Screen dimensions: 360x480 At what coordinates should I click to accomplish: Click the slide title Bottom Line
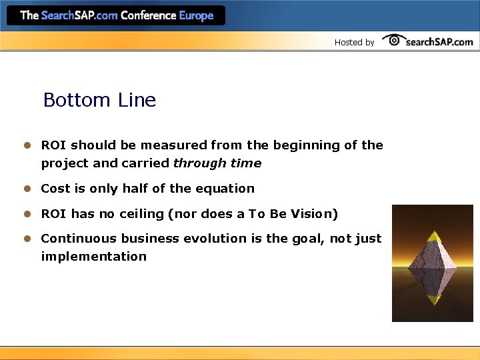[x=99, y=100]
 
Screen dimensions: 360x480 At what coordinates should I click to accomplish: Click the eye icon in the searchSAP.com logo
[x=394, y=40]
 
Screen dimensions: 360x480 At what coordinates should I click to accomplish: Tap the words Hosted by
[x=354, y=42]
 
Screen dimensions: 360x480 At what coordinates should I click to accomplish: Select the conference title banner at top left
[x=117, y=15]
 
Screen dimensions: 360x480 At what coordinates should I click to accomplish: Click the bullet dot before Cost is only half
[x=28, y=189]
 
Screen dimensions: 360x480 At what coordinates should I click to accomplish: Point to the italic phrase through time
[x=217, y=163]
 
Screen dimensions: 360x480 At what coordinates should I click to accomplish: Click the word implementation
[x=93, y=257]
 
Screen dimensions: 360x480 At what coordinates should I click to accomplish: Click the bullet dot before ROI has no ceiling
[x=28, y=214]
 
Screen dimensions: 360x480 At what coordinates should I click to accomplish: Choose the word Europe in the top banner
[x=197, y=15]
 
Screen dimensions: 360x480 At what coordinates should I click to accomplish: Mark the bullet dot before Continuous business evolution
[x=28, y=239]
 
